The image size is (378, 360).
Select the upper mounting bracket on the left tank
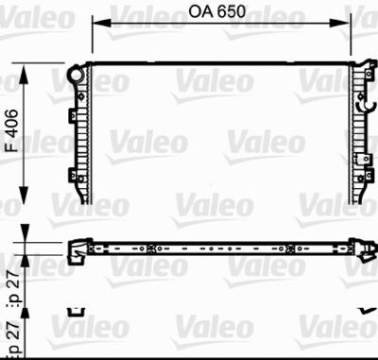73,113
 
